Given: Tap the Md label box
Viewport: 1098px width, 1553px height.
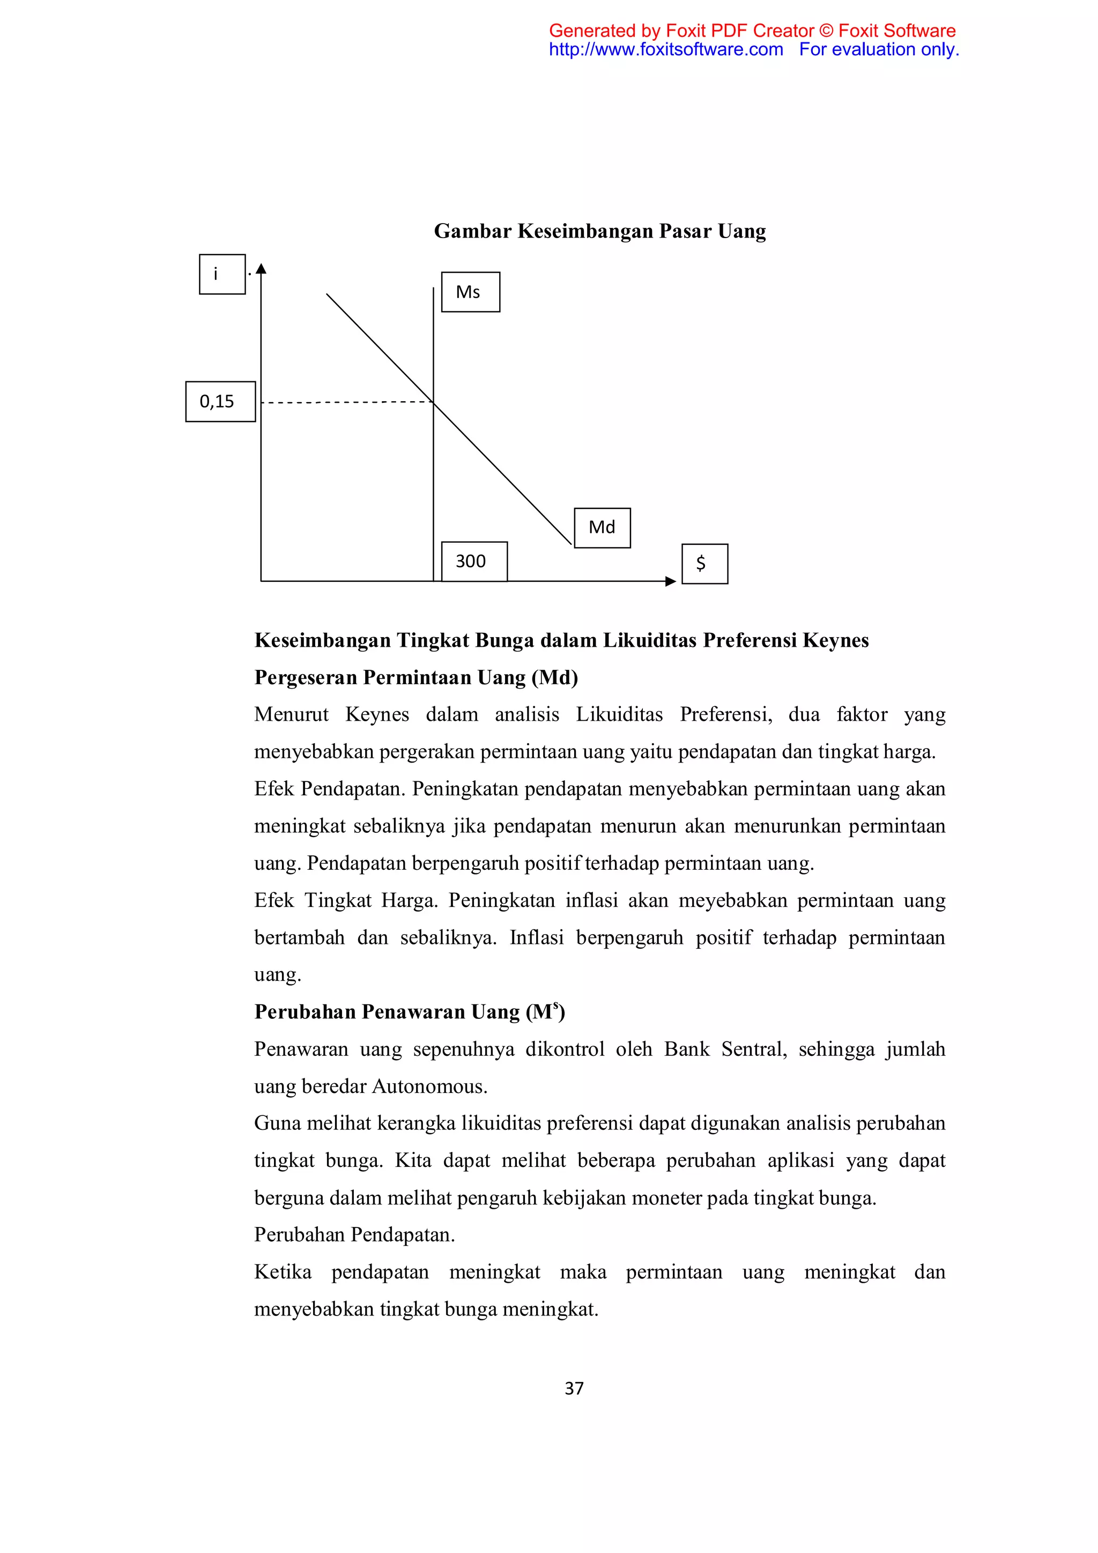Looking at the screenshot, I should point(602,528).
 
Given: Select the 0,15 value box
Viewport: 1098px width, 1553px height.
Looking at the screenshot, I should point(220,401).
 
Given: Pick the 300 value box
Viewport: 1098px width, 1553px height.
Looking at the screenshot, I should point(473,561).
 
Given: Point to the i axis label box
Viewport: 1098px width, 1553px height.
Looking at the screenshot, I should point(222,274).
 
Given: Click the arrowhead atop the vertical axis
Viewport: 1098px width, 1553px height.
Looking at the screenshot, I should point(261,269).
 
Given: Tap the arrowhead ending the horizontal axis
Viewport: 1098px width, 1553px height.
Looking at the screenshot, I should point(670,581).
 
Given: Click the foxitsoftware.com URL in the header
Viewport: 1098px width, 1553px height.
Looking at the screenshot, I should point(665,49).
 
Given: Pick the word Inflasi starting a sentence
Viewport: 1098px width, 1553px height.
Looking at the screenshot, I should point(536,937).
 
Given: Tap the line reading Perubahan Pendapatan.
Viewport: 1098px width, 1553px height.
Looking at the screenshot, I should point(354,1234).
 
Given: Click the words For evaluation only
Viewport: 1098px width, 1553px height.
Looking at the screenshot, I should point(878,49).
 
